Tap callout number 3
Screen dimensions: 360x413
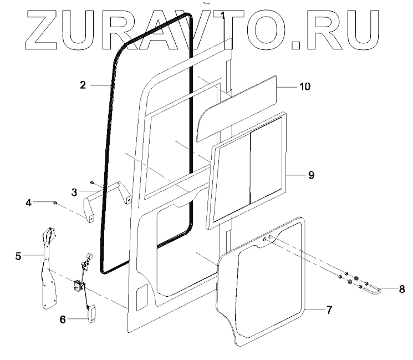click(x=74, y=192)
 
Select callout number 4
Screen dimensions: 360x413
click(x=28, y=203)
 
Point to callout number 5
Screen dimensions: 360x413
click(x=18, y=256)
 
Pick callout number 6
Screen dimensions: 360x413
click(x=63, y=320)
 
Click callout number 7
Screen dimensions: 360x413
click(x=329, y=310)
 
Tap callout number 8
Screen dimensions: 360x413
click(x=402, y=289)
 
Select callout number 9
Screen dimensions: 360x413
click(x=311, y=175)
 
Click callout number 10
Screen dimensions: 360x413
click(x=305, y=87)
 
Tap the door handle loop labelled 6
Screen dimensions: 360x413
click(x=91, y=313)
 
